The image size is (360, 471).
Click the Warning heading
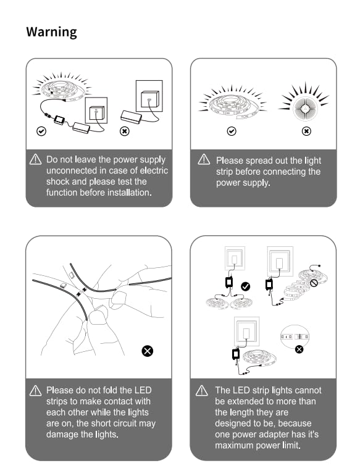(x=51, y=32)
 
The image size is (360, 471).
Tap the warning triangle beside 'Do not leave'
(x=35, y=159)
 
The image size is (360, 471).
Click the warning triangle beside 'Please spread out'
(x=204, y=159)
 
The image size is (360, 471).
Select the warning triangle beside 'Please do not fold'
(x=35, y=390)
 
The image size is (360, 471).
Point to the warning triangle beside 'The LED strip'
(x=202, y=390)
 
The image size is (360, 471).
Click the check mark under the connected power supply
(x=41, y=131)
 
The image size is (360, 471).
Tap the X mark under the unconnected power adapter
(x=125, y=131)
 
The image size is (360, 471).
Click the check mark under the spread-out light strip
(x=232, y=131)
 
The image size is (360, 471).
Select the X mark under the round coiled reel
(x=306, y=131)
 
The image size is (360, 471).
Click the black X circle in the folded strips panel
(x=147, y=351)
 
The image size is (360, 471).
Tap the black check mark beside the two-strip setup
(x=246, y=286)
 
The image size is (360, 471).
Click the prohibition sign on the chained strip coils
(x=314, y=283)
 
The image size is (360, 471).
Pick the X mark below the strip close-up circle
(x=299, y=349)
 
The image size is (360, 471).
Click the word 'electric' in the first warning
(x=154, y=170)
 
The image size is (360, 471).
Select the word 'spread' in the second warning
(x=259, y=160)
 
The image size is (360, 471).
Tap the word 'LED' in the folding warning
(x=143, y=390)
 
